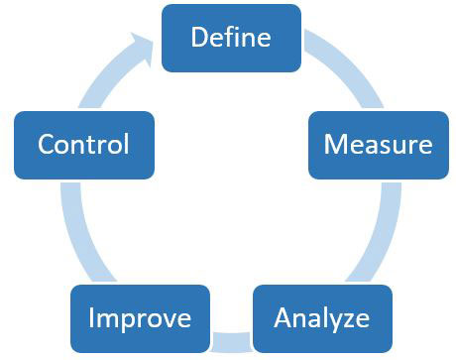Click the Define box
pyautogui.click(x=230, y=37)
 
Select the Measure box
pyautogui.click(x=378, y=144)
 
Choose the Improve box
pyautogui.click(x=140, y=318)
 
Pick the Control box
pyautogui.click(x=83, y=144)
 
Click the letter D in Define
pyautogui.click(x=197, y=37)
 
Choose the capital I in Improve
pyautogui.click(x=91, y=318)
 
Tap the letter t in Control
pyautogui.click(x=96, y=145)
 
